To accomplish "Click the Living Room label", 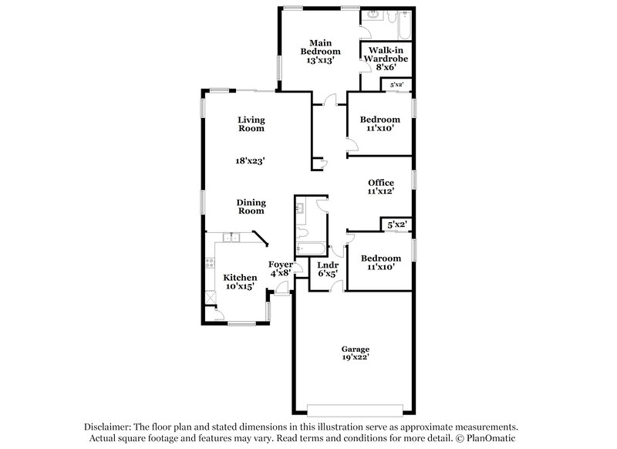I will pos(251,124).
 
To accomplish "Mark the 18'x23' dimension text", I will pos(251,161).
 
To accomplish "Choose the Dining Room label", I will pos(251,207).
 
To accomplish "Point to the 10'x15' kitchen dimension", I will pos(240,286).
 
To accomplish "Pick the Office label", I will pos(381,182).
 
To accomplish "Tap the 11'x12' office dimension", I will pos(381,191).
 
